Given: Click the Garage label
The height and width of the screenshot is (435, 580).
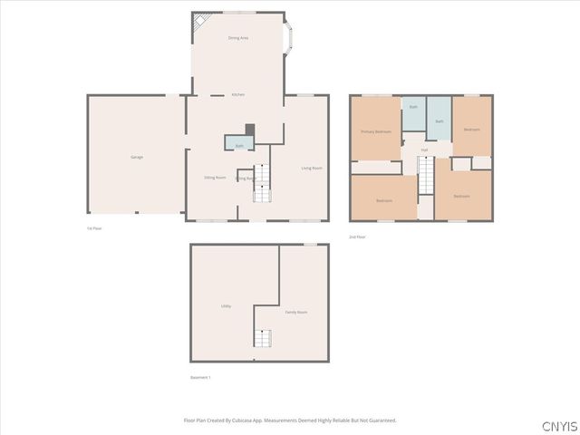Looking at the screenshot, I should [x=137, y=157].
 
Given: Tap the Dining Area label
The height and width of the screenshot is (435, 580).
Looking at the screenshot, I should [x=238, y=38].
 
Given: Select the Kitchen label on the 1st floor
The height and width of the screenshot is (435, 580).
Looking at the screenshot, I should [x=238, y=94].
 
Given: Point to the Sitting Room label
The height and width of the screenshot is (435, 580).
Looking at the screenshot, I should [x=215, y=178].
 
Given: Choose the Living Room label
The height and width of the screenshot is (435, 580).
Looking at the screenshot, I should [x=312, y=168].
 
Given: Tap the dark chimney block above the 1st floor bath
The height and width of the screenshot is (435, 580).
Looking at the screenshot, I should [x=251, y=130].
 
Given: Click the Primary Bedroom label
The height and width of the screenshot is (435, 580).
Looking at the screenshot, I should [x=376, y=131].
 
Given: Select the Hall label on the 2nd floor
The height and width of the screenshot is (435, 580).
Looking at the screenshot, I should [x=424, y=150].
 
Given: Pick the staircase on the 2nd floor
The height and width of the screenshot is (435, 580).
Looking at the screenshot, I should [x=426, y=175].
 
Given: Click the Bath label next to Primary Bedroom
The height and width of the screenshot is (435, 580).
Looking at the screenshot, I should [x=413, y=107].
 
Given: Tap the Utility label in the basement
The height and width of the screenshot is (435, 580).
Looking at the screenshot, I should [x=226, y=306].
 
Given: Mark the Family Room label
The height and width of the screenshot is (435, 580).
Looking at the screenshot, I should [x=296, y=312].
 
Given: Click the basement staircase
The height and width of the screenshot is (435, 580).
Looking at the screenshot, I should [x=262, y=338].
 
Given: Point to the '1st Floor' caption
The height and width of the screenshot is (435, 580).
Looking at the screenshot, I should [x=94, y=228].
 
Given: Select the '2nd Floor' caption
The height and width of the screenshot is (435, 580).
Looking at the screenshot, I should [x=358, y=236].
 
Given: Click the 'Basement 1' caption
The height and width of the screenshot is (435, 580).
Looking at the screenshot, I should [x=200, y=377].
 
